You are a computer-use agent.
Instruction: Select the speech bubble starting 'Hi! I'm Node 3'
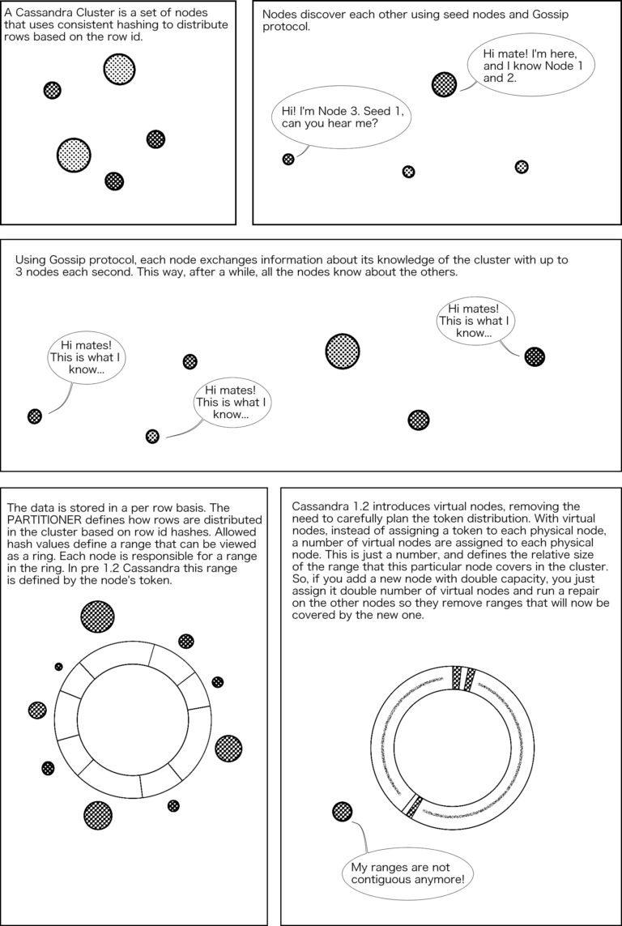pos(341,118)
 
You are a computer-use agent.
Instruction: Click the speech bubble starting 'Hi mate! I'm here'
pos(532,65)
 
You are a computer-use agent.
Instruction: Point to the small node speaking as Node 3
pos(288,159)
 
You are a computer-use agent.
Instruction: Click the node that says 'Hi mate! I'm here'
pos(445,83)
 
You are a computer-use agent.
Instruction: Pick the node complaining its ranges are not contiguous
pos(342,811)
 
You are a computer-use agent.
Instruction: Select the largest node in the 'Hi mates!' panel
pos(343,350)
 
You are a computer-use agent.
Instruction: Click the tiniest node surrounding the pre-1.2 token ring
pos(58,667)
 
